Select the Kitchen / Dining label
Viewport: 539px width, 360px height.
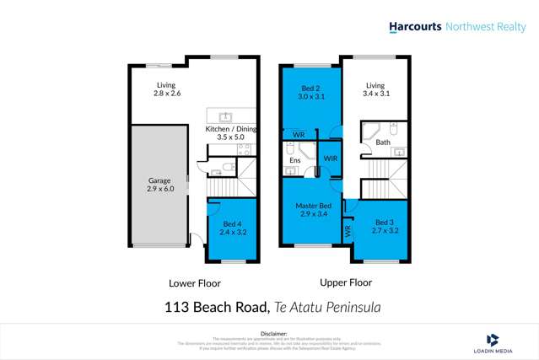tap(231, 132)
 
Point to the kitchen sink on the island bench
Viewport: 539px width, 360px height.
tap(225, 117)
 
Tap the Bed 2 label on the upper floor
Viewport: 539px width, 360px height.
tap(312, 93)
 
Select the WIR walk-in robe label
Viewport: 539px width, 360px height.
tap(331, 158)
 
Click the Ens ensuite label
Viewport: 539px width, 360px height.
tap(294, 159)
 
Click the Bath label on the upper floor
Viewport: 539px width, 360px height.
tap(382, 142)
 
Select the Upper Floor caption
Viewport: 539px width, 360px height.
tap(346, 282)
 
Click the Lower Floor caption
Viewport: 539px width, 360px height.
tap(193, 282)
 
